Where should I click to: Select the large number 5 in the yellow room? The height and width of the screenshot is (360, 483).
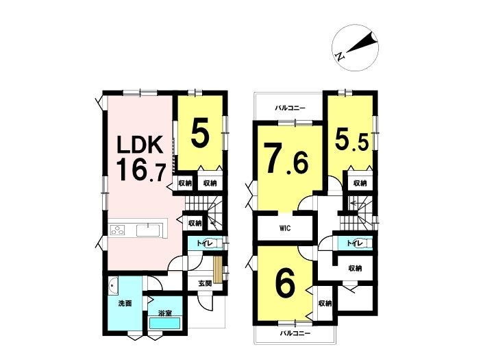coord(201,132)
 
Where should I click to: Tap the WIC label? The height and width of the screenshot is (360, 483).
coord(285,229)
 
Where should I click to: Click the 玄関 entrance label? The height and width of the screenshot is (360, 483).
coord(205,284)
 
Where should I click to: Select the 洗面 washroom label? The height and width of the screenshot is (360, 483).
coord(125,304)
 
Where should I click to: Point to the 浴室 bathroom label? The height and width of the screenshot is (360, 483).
coord(165,313)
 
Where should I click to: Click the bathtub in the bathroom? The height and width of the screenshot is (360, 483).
coord(164,324)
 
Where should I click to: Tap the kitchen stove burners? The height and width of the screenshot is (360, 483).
coord(117,230)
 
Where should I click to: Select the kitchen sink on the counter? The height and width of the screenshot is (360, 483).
coord(148,230)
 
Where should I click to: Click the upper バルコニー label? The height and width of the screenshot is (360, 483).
coord(290,108)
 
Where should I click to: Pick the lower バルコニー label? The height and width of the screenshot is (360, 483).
coord(295,333)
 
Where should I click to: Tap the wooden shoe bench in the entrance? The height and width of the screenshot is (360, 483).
coord(218,269)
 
